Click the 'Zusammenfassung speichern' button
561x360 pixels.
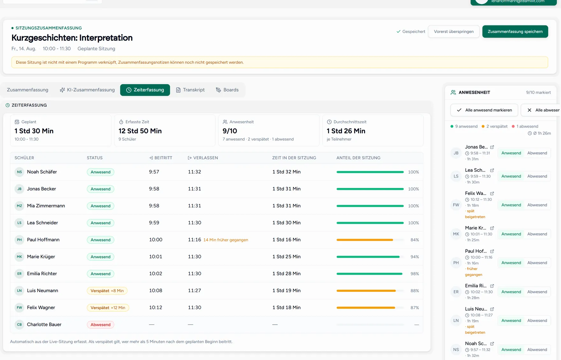(515, 32)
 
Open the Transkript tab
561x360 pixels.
(190, 90)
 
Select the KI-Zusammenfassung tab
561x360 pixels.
(87, 90)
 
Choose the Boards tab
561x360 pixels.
(227, 90)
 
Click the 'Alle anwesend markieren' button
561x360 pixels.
(484, 110)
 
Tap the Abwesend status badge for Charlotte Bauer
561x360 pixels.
(100, 325)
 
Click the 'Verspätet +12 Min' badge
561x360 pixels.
(108, 308)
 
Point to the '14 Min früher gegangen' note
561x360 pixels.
(226, 240)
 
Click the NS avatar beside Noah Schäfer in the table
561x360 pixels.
(19, 172)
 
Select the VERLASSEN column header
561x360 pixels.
(203, 158)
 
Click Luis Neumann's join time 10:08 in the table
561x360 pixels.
(156, 291)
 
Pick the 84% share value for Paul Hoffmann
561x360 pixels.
(415, 240)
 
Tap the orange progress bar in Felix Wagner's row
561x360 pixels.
(366, 308)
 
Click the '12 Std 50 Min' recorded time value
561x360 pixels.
(140, 131)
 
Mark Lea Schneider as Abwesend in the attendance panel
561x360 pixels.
(537, 176)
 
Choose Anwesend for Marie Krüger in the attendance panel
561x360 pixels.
(511, 234)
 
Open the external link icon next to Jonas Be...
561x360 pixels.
(492, 147)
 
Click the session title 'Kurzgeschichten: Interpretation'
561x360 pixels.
(72, 38)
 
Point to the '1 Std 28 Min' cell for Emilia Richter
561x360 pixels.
(287, 274)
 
